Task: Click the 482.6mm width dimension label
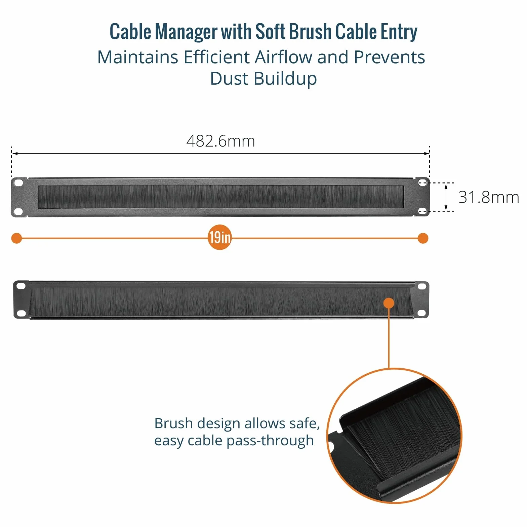point(220,141)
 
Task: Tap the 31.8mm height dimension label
point(489,197)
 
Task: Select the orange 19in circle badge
point(220,238)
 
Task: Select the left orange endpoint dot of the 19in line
point(16,238)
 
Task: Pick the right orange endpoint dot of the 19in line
point(423,238)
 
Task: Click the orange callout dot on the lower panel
point(389,303)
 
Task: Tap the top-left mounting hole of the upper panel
point(18,183)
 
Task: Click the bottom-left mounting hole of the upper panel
point(18,212)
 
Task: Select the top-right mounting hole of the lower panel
point(421,286)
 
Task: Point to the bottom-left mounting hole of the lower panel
point(21,313)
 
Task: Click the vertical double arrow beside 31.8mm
point(446,197)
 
